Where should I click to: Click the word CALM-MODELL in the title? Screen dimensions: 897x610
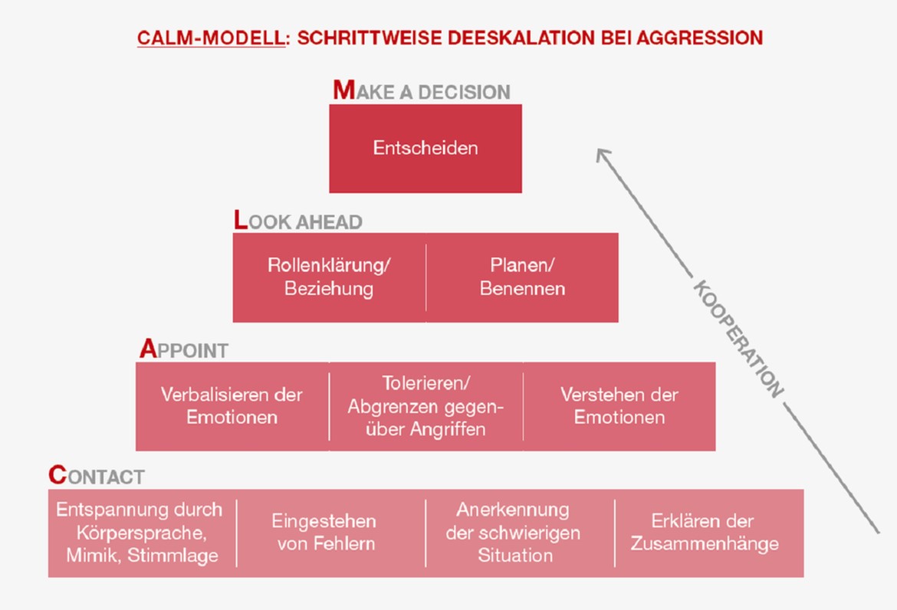click(x=211, y=38)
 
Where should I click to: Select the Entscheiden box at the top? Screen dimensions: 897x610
click(x=425, y=148)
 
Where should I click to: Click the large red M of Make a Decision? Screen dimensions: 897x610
click(x=344, y=90)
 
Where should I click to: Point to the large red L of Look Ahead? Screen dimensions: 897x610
click(x=241, y=220)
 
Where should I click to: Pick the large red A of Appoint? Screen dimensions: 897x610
click(x=148, y=349)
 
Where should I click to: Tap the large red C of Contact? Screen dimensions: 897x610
click(x=58, y=475)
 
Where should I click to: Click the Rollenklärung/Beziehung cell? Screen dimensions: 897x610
click(x=329, y=277)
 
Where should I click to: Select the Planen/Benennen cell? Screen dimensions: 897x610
click(x=522, y=277)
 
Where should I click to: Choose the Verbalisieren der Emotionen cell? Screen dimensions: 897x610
click(x=232, y=406)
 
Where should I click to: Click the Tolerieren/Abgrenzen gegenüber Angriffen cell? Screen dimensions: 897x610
click(x=426, y=406)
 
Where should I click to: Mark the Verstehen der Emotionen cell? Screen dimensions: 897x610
click(x=619, y=406)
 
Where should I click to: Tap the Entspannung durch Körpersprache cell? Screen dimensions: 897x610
click(x=142, y=533)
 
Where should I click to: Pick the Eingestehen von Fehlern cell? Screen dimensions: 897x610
click(x=330, y=533)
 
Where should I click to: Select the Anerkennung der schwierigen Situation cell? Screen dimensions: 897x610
click(x=520, y=533)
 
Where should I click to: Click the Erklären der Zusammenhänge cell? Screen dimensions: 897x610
click(x=709, y=533)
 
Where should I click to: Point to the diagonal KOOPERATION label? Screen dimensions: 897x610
click(x=738, y=339)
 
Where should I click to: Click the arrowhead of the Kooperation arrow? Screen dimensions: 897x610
click(x=602, y=154)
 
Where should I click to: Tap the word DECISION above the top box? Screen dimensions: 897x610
click(x=464, y=93)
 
